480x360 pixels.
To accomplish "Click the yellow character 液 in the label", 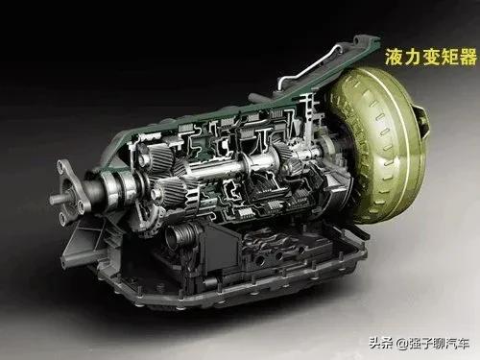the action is (394, 57).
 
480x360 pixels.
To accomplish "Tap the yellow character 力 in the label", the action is (413, 57).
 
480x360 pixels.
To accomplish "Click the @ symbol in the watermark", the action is (402, 344).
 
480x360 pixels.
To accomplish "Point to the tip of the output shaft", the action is (51, 201).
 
